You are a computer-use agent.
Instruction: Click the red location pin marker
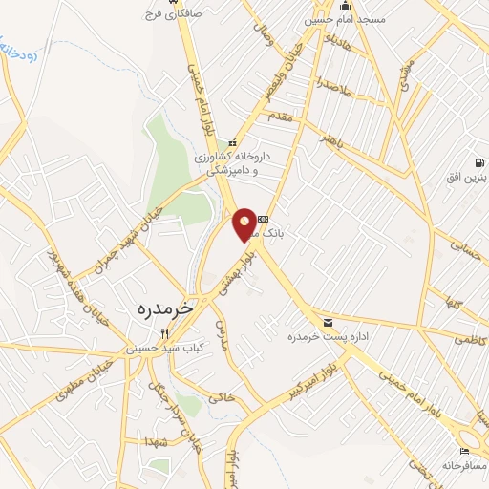coord(245,223)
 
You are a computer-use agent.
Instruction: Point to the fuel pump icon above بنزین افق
coord(477,160)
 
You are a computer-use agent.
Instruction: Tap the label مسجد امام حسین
coord(345,19)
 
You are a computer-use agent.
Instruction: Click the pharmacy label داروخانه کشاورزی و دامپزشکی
coord(233,161)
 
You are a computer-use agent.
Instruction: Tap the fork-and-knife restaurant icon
coord(163,333)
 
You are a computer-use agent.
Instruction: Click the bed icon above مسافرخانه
coord(465,450)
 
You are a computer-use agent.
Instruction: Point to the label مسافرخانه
coord(464,465)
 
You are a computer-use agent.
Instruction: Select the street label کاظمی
coord(469,339)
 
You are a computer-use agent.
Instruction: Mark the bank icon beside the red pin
coord(263,217)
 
